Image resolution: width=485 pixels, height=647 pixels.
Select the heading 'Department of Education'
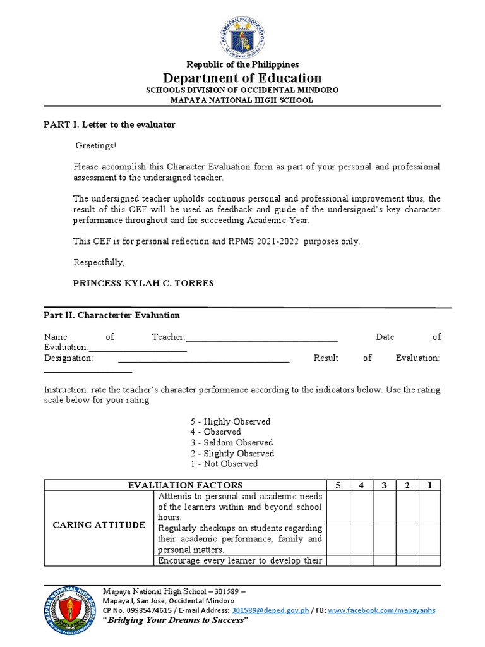242,78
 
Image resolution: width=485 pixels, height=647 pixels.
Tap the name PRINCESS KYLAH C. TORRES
143,283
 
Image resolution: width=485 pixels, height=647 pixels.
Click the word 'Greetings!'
96,146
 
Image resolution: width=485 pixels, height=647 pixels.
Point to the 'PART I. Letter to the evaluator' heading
109,124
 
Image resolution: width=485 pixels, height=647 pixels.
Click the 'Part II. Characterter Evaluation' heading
111,315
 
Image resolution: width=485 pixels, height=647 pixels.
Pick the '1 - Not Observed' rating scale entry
224,464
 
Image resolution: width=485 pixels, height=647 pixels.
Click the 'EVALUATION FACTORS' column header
185,485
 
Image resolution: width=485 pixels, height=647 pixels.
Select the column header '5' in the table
338,485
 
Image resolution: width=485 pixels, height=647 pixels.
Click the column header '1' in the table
430,485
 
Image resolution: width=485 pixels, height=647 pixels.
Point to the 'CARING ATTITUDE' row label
99,525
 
